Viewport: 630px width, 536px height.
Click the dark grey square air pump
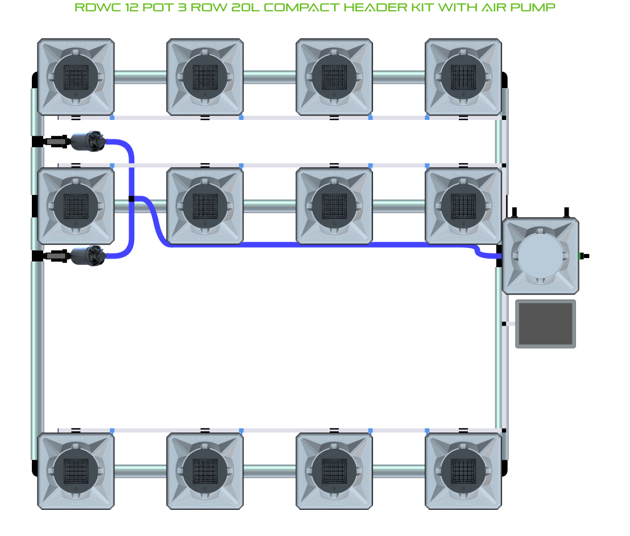(545, 324)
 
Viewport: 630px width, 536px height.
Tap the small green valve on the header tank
(582, 256)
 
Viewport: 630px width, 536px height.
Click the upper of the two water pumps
(88, 141)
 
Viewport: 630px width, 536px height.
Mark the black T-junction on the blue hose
(131, 198)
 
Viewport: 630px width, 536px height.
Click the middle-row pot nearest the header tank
(463, 205)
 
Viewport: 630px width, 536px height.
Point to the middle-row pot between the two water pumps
(76, 205)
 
